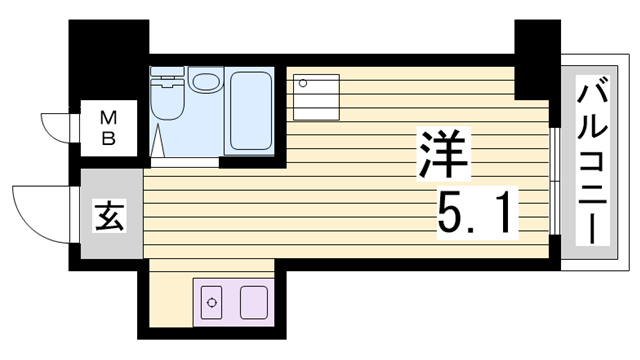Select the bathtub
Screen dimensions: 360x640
[252, 112]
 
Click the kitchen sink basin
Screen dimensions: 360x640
[252, 301]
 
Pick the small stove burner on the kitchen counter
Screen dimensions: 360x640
[212, 301]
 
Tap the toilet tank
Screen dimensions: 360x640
[161, 78]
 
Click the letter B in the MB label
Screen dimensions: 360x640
[108, 139]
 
